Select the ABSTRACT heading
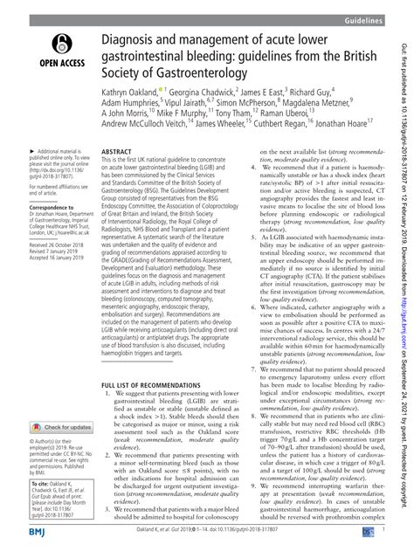[x=117, y=151]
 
